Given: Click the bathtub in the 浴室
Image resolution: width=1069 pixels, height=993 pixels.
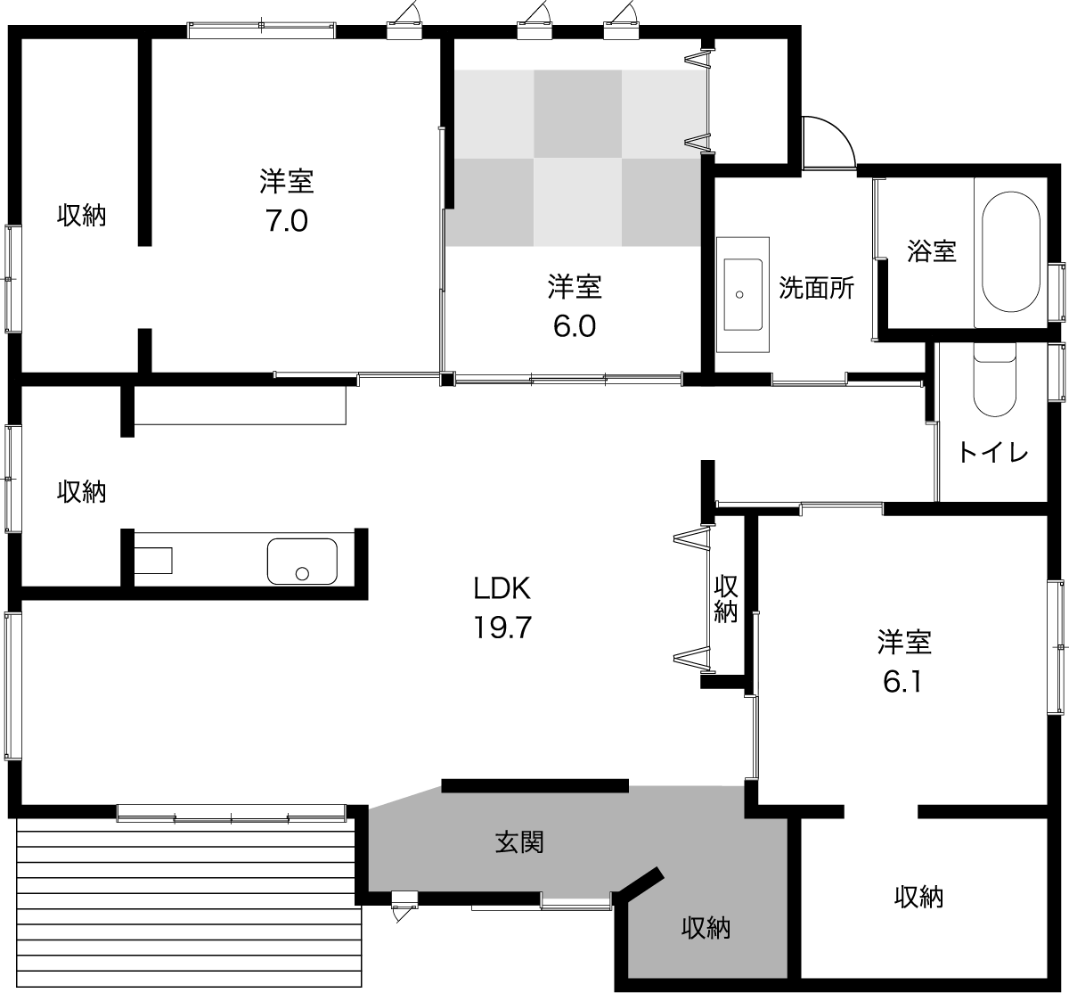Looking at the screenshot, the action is (x=1011, y=251).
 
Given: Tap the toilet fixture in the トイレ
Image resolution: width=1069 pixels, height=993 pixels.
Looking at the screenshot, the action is (x=995, y=379).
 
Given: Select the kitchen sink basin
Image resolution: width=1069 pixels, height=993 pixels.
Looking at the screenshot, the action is (x=302, y=562).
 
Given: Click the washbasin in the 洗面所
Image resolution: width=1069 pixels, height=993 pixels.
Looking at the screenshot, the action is (x=743, y=294).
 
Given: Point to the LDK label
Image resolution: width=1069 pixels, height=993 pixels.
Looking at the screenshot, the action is (x=502, y=588).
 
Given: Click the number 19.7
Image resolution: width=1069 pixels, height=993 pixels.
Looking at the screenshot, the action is (x=502, y=628).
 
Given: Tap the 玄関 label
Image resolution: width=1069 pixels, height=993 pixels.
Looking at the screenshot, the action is (x=518, y=841).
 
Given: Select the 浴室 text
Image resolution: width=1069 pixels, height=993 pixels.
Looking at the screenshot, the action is (x=931, y=250).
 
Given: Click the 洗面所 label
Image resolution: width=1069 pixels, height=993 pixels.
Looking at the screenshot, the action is (x=816, y=288).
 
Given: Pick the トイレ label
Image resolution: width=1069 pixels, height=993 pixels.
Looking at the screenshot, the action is (x=993, y=452).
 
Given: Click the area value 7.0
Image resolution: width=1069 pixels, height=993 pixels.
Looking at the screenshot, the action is (x=286, y=221).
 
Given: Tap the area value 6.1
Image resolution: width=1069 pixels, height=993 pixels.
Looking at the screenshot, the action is (x=902, y=682).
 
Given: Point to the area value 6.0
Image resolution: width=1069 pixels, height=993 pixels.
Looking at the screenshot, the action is (x=575, y=326).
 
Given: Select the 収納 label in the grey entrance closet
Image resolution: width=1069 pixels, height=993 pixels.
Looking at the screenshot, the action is (x=706, y=928).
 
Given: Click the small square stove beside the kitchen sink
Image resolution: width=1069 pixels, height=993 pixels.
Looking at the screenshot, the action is (x=153, y=561).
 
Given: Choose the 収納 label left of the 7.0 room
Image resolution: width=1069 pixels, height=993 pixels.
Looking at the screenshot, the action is (x=81, y=216).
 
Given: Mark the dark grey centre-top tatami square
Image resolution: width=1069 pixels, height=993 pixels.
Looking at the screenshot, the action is (x=577, y=114).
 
